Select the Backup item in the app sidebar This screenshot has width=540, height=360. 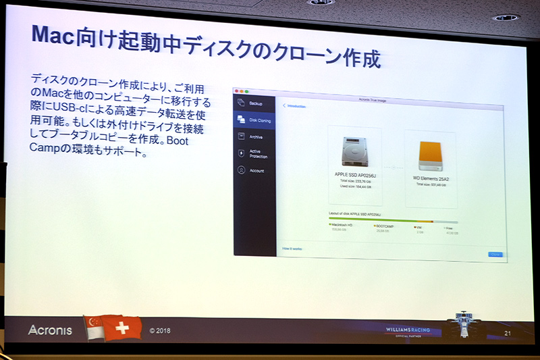pyautogui.click(x=255, y=103)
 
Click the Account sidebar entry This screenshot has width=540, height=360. pyautogui.click(x=256, y=171)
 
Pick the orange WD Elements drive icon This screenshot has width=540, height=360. pyautogui.click(x=430, y=155)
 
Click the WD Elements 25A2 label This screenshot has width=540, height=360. pyautogui.click(x=430, y=178)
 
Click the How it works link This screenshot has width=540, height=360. pyautogui.click(x=292, y=249)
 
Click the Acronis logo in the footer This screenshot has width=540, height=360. pyautogui.click(x=50, y=330)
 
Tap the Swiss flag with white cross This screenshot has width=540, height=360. pyautogui.click(x=122, y=328)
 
